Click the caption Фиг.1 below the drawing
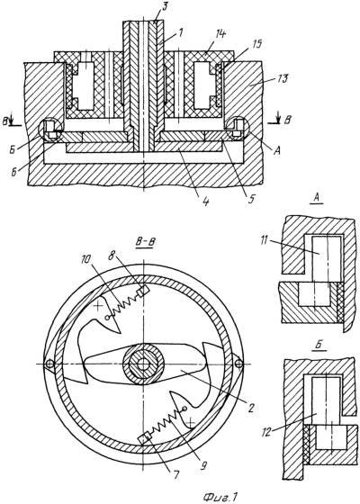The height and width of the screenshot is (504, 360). coord(220,498)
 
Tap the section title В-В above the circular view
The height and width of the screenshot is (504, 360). coord(144,242)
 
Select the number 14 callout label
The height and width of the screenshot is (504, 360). coord(220,34)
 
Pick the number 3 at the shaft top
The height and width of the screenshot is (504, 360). coord(164,7)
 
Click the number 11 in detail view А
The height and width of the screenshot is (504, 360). coord(265,241)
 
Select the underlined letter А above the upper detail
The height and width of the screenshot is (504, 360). coord(316,199)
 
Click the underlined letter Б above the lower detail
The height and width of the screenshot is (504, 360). coord(318,346)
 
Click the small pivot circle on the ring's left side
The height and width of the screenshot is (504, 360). coord(49,364)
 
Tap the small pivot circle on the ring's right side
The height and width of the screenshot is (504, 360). coord(238,364)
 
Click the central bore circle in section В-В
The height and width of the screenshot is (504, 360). coord(143,364)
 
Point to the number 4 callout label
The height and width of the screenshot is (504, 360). coord(206,202)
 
